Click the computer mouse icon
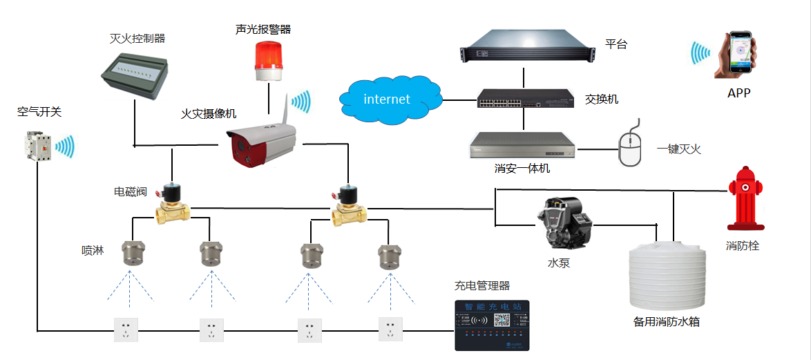[x=631, y=146]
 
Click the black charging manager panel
[x=491, y=325]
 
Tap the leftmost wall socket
[x=126, y=329]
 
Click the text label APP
[x=738, y=93]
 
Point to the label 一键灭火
[x=678, y=149]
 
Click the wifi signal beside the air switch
[x=65, y=146]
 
